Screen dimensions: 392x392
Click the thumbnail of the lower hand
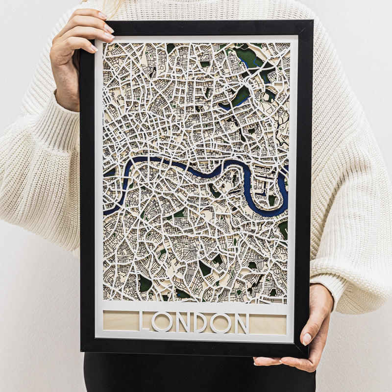coord(307,338)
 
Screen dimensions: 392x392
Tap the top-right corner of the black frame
coord(311,22)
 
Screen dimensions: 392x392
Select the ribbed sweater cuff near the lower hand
coord(338,294)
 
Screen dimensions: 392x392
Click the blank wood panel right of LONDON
coord(267,324)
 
